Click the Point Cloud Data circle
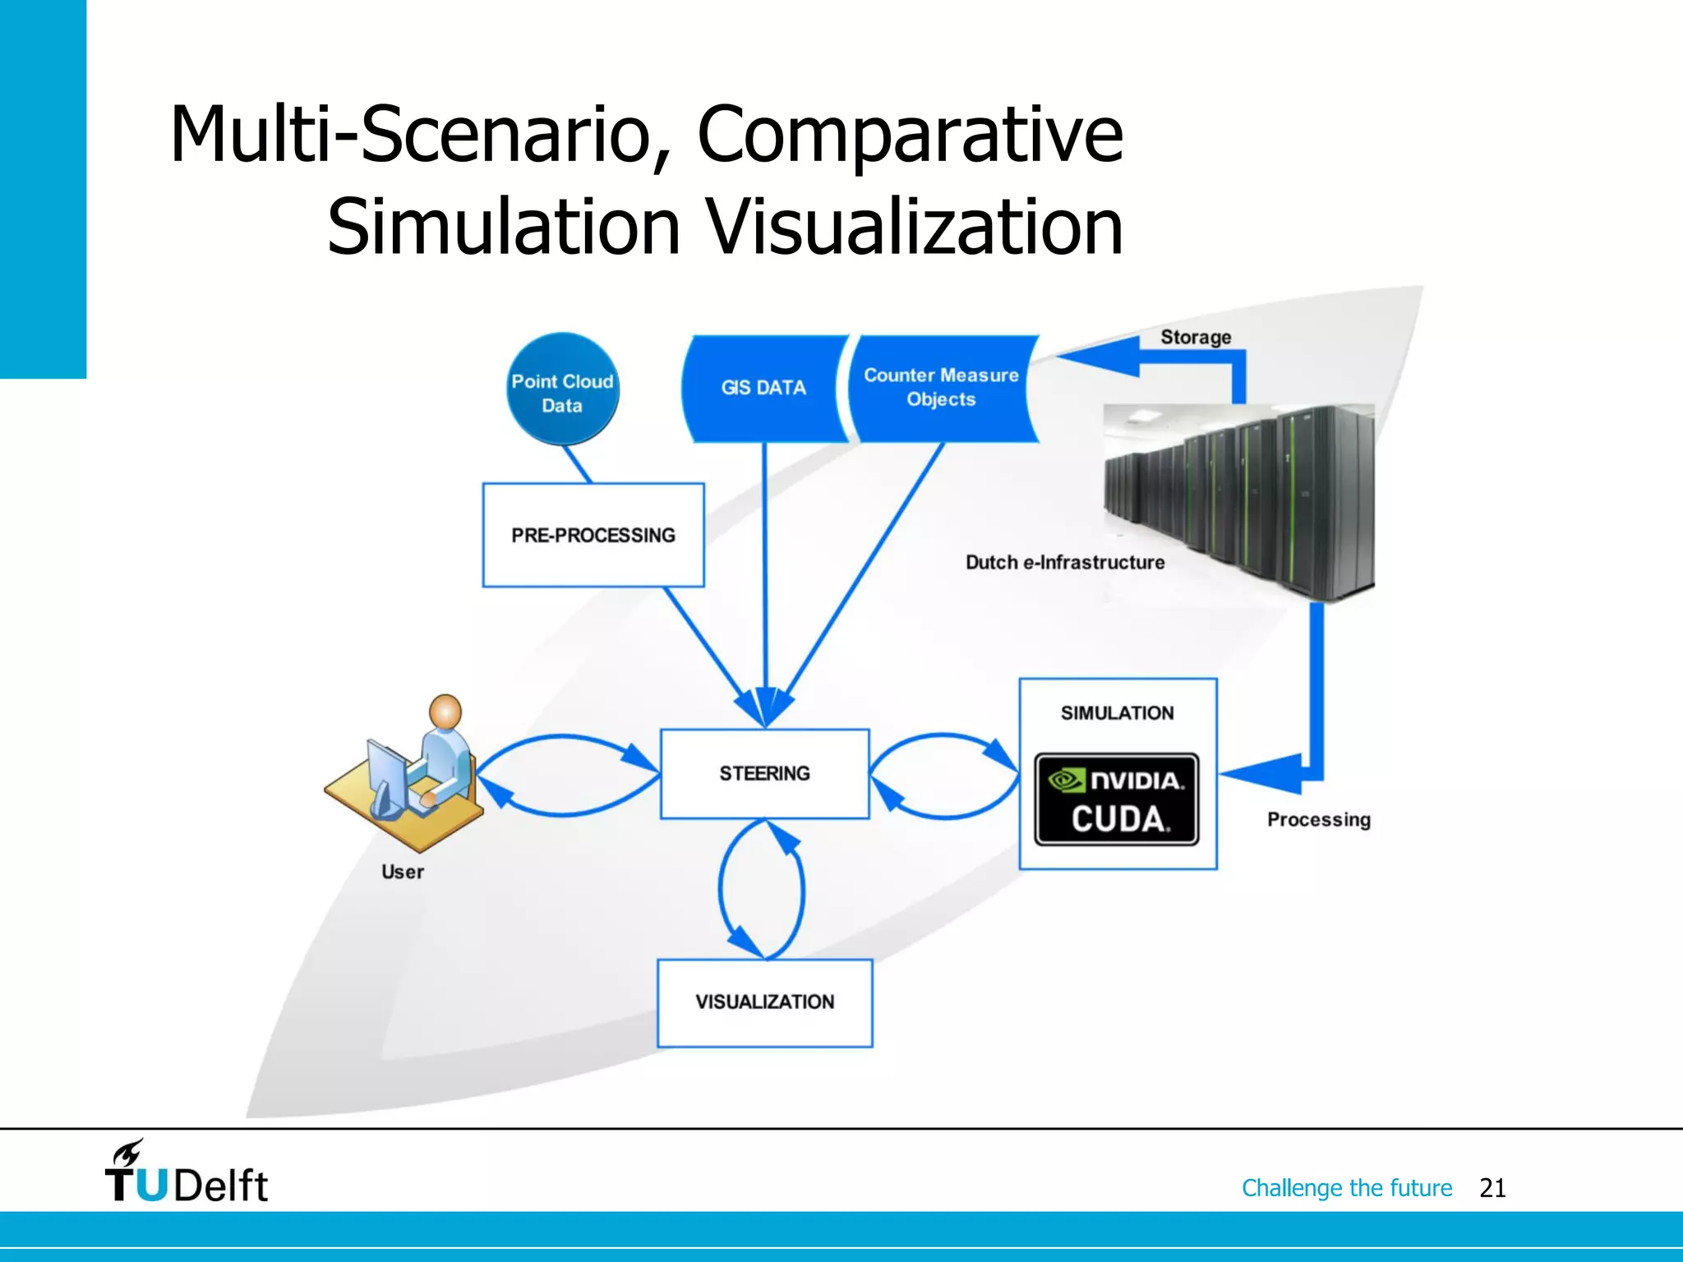pyautogui.click(x=562, y=390)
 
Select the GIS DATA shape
pyautogui.click(x=763, y=388)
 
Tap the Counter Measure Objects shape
pyautogui.click(x=942, y=388)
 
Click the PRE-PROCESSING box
pyautogui.click(x=593, y=535)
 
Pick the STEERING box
pyautogui.click(x=764, y=773)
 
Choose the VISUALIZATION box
pyautogui.click(x=764, y=1002)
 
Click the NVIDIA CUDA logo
pyautogui.click(x=1117, y=799)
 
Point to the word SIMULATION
pyautogui.click(x=1117, y=713)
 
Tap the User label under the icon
pyautogui.click(x=403, y=872)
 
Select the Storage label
pyautogui.click(x=1196, y=337)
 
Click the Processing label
pyautogui.click(x=1319, y=819)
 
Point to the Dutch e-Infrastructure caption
pyautogui.click(x=1065, y=563)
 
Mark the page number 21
pyautogui.click(x=1492, y=1188)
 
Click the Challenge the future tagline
pyautogui.click(x=1347, y=1188)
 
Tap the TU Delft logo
pyautogui.click(x=186, y=1173)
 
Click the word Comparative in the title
pyautogui.click(x=910, y=136)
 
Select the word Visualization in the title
pyautogui.click(x=915, y=228)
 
